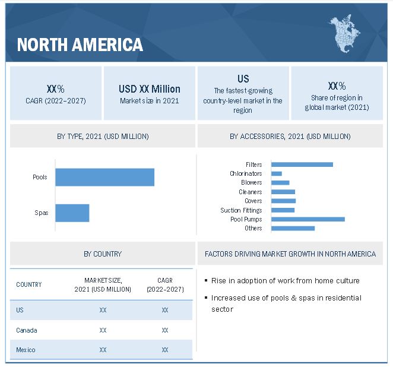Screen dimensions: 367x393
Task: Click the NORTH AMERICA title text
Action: point(80,45)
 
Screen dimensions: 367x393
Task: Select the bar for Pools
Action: point(104,177)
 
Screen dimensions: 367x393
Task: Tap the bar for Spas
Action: point(72,213)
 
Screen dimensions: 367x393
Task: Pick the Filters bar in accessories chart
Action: point(302,164)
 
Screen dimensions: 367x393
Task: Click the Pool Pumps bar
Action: point(308,219)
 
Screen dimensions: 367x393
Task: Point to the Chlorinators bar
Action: point(276,173)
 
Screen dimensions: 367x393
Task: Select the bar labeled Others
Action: point(293,228)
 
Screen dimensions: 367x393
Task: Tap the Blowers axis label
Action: point(251,183)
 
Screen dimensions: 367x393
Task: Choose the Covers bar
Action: point(283,201)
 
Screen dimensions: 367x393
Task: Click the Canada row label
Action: point(26,330)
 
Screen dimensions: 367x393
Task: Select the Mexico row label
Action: point(26,350)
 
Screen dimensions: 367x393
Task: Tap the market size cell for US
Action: point(103,310)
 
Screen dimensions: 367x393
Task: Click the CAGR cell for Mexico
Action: point(164,350)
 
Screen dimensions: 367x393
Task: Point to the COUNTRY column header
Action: point(29,284)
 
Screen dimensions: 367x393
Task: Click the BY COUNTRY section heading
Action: point(103,254)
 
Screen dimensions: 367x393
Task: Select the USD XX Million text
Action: point(149,89)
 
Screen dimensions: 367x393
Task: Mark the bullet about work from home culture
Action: point(285,280)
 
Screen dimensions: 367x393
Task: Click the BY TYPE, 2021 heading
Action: point(103,137)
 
